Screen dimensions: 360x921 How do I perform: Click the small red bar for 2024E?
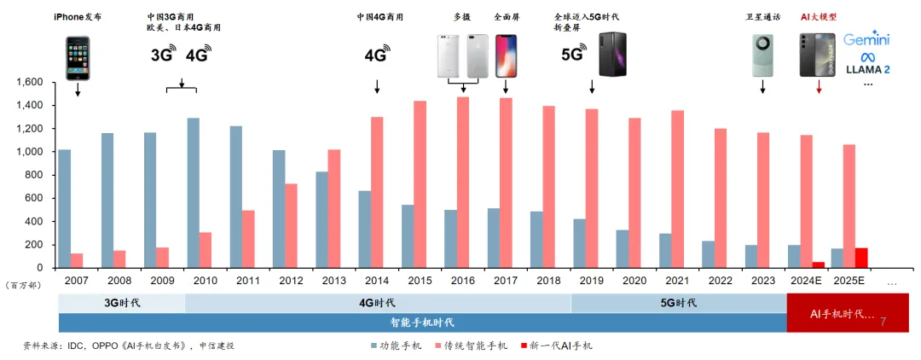818,264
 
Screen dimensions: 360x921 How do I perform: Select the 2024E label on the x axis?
804,279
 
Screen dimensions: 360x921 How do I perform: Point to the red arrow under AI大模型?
819,87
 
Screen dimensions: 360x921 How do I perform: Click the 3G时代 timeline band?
121,303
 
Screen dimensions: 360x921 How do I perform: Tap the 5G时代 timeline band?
678,303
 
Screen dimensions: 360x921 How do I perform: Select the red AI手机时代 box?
847,313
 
